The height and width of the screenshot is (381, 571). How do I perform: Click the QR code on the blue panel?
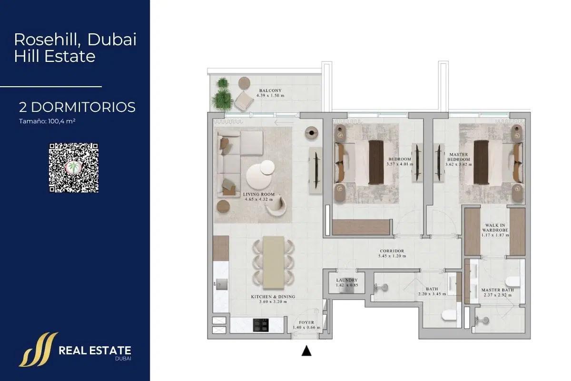74,168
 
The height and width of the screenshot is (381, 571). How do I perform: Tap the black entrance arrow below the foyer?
306,351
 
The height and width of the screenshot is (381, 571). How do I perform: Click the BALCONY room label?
270,90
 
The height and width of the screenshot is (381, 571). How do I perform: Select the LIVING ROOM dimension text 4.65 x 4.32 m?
259,199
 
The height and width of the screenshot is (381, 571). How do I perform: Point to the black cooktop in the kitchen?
261,325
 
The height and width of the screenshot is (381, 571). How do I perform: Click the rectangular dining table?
274,262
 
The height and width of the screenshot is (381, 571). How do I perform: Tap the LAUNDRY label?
347,280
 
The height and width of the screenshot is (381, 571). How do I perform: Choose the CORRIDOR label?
392,251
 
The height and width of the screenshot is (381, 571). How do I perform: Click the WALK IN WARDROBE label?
495,227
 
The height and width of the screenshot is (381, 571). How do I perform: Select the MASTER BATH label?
497,290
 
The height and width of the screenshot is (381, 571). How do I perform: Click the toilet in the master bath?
512,282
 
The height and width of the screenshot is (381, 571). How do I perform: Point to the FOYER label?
306,322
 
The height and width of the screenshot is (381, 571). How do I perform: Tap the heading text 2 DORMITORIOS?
77,107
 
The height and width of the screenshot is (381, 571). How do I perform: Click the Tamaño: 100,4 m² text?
47,121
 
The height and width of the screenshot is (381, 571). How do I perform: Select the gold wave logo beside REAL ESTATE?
38,350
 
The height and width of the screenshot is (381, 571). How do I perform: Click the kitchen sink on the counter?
222,284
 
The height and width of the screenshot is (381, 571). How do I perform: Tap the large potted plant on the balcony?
222,100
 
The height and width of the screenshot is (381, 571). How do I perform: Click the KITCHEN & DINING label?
273,297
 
